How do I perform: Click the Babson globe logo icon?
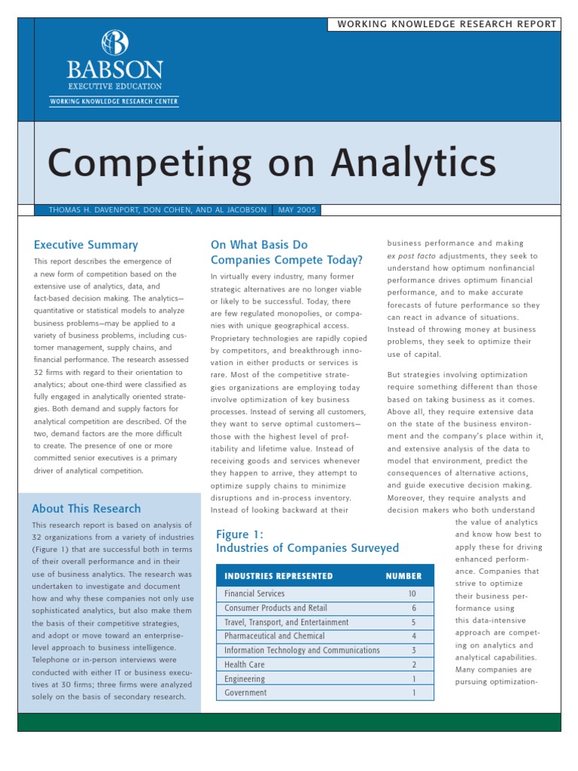(115, 43)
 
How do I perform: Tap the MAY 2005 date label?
(297, 210)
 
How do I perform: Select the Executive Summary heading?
(86, 245)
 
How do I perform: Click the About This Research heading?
(86, 509)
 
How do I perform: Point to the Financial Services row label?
(254, 593)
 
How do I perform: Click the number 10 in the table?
(412, 593)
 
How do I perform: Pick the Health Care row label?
(245, 665)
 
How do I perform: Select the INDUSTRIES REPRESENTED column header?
(278, 576)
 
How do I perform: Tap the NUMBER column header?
(403, 576)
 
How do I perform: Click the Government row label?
(245, 693)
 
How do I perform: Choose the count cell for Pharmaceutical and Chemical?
(413, 636)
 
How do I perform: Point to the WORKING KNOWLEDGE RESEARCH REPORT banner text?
(447, 24)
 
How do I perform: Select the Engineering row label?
(245, 679)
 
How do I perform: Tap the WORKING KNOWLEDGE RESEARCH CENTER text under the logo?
(114, 101)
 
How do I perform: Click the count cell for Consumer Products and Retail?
(413, 608)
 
